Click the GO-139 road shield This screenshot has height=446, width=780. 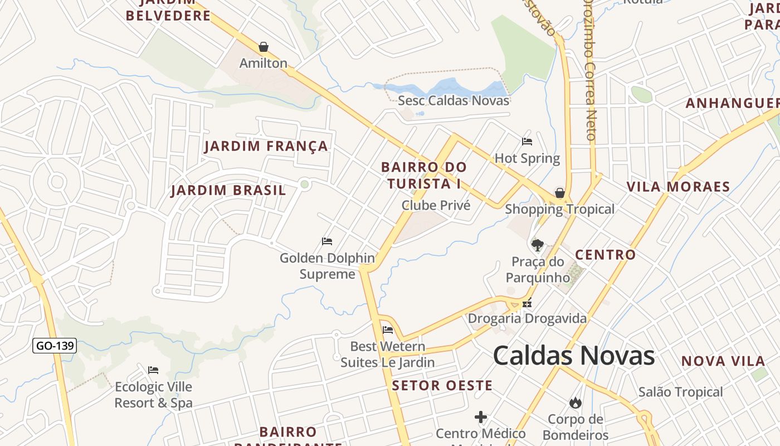[x=55, y=346]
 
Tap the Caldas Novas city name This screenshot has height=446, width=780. [x=574, y=356]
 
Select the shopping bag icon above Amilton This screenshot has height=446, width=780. [x=263, y=47]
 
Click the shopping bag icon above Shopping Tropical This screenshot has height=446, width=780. [x=559, y=193]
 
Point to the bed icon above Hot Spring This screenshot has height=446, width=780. [x=527, y=142]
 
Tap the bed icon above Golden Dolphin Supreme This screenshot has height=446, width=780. [x=327, y=241]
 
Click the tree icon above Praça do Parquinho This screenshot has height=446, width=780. [x=538, y=245]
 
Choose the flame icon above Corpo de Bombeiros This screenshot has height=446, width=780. [x=575, y=403]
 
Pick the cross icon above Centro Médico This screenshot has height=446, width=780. [x=481, y=417]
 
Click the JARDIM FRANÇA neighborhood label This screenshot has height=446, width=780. [x=266, y=147]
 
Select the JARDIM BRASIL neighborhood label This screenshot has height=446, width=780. [x=228, y=191]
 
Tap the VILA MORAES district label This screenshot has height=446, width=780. [x=678, y=187]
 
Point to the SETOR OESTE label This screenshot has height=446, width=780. [x=442, y=385]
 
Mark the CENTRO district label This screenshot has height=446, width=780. [x=605, y=255]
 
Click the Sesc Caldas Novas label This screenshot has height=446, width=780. [x=454, y=100]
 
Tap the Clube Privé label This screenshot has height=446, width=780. [x=436, y=205]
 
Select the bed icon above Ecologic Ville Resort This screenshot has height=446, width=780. [x=153, y=370]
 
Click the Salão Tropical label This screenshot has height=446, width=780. [x=680, y=392]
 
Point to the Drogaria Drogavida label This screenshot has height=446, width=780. [x=527, y=318]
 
